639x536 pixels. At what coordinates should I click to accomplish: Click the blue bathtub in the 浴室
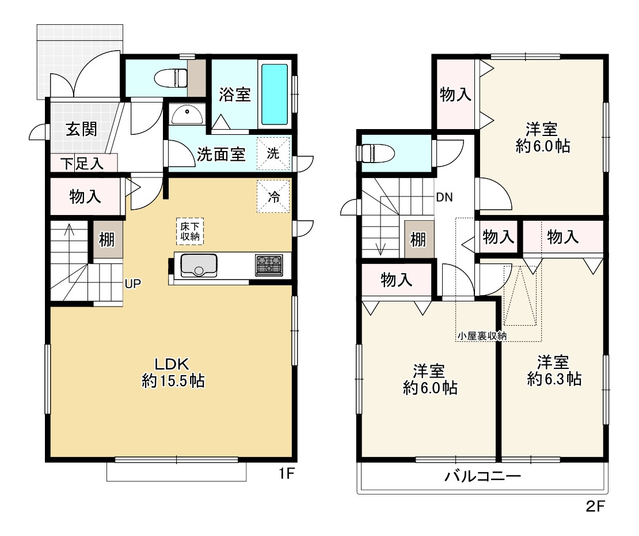[x=275, y=94]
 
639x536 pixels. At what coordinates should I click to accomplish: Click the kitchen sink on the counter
[x=199, y=265]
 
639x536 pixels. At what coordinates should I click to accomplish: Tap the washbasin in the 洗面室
[x=187, y=114]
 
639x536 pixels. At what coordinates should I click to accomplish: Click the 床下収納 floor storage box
[x=190, y=231]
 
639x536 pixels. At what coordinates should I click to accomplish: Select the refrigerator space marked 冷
[x=273, y=196]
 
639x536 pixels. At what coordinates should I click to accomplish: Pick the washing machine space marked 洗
[x=273, y=153]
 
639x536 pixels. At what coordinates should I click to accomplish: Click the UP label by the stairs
[x=133, y=284]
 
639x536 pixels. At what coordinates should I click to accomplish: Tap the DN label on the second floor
[x=444, y=198]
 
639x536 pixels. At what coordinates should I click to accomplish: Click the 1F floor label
[x=287, y=474]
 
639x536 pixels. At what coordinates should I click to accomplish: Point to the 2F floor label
[x=595, y=506]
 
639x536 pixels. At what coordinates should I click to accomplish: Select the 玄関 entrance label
[x=82, y=129]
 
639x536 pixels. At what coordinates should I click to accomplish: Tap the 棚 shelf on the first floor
[x=107, y=239]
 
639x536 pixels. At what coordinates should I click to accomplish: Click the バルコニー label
[x=482, y=476]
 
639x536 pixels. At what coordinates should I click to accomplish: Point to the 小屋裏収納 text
[x=482, y=335]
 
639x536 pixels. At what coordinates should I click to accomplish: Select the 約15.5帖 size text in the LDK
[x=173, y=381]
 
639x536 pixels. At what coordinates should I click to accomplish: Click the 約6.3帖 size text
[x=554, y=379]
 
